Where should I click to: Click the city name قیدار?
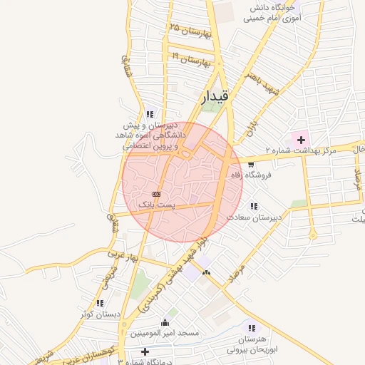pyautogui.click(x=214, y=96)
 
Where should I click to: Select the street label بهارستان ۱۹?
pyautogui.click(x=192, y=58)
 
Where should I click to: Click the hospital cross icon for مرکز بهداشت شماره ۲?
pyautogui.click(x=300, y=139)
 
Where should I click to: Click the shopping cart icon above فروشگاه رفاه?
pyautogui.click(x=250, y=165)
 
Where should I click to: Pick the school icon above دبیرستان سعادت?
pyautogui.click(x=254, y=206)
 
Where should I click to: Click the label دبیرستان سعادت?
pyautogui.click(x=255, y=216)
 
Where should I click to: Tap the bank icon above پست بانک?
pyautogui.click(x=156, y=194)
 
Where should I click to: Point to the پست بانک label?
pyautogui.click(x=155, y=205)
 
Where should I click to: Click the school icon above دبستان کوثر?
pyautogui.click(x=99, y=303)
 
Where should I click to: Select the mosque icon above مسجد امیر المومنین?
pyautogui.click(x=166, y=322)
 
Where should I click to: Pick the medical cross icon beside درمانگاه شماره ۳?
pyautogui.click(x=145, y=351)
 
